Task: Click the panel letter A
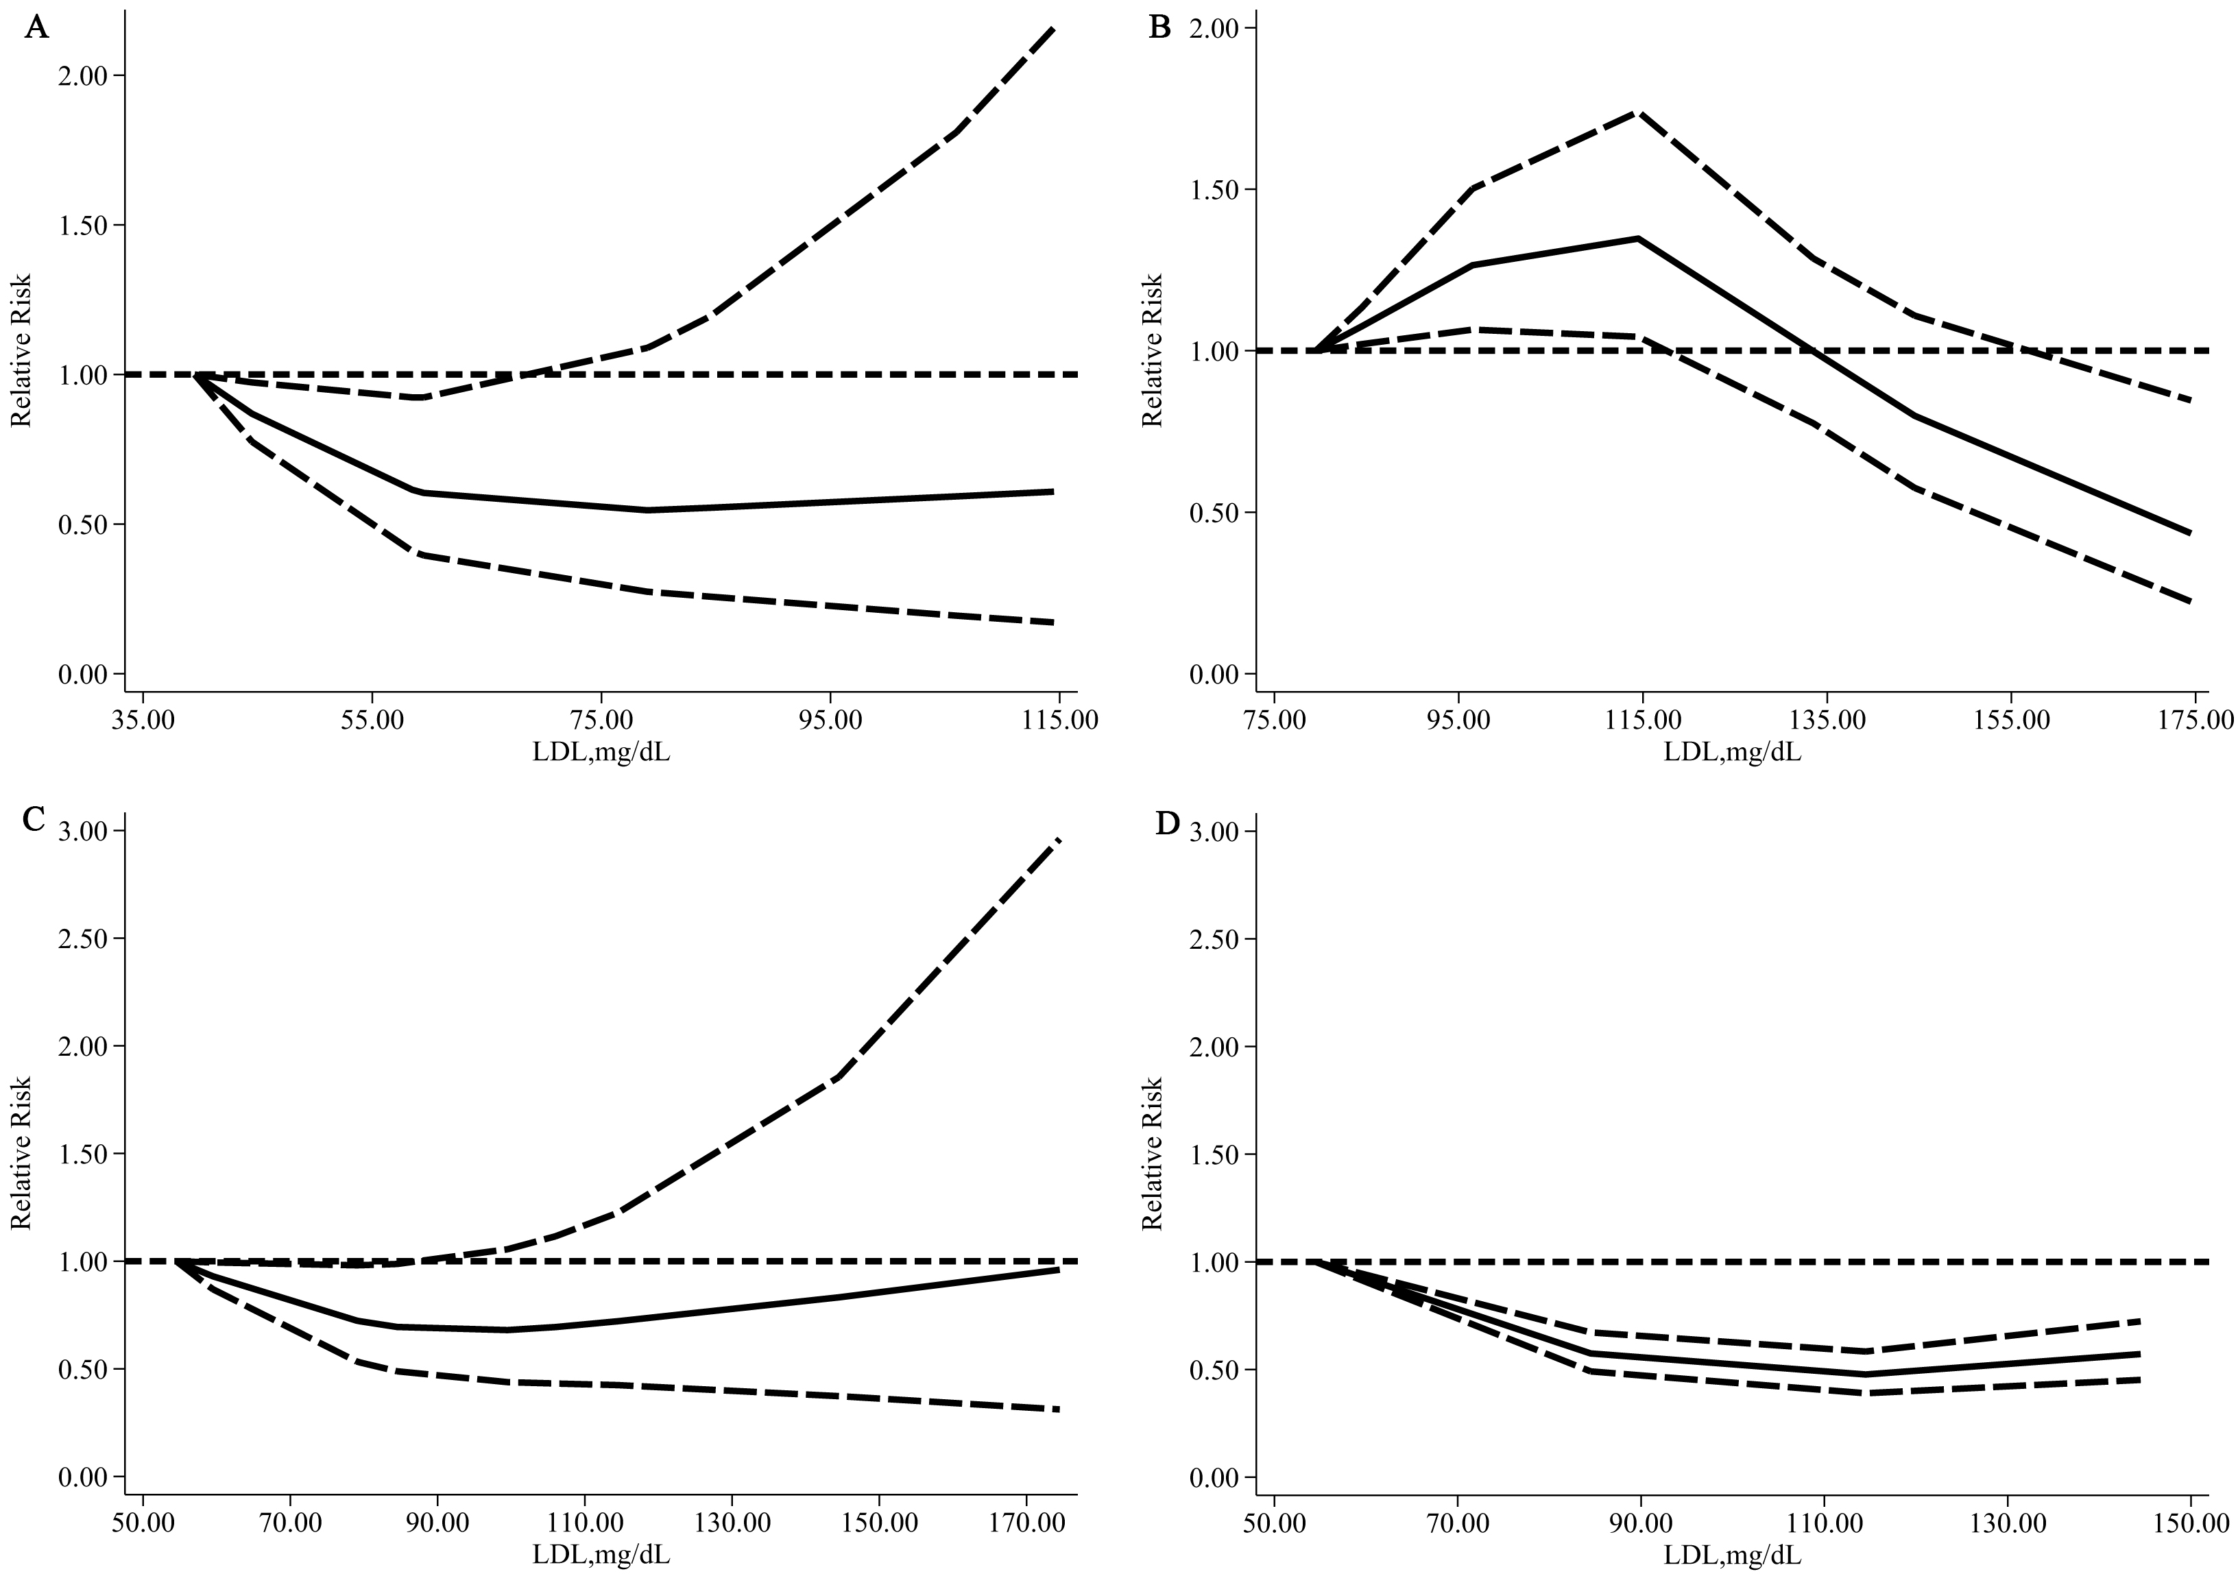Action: click(36, 27)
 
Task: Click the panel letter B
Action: click(1160, 27)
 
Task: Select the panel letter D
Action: click(1167, 823)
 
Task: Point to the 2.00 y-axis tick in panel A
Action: click(81, 76)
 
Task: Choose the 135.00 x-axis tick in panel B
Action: click(1826, 721)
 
